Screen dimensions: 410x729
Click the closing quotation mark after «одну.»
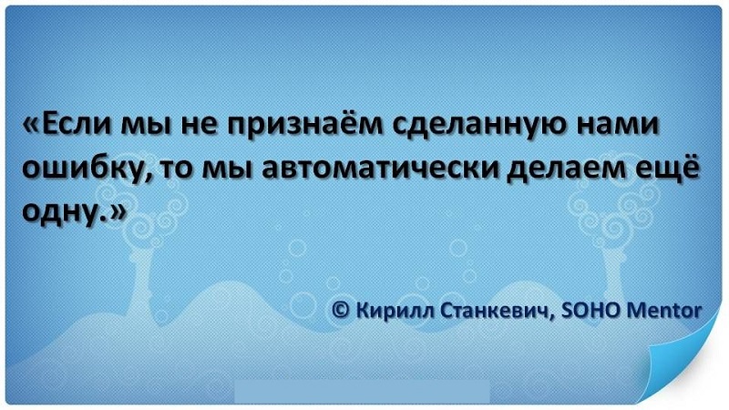pos(116,210)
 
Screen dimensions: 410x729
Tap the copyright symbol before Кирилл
pos(342,311)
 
